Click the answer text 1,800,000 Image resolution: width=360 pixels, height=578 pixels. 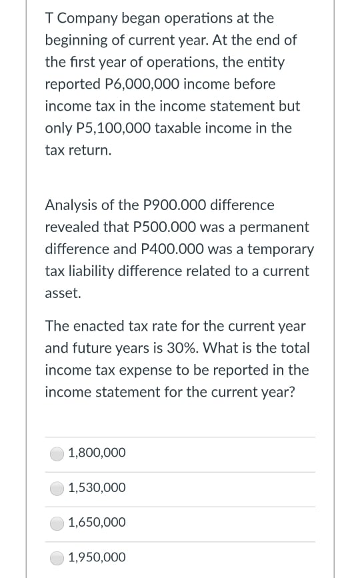97,453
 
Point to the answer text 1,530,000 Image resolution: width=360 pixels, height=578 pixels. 97,488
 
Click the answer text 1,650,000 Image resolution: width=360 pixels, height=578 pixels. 97,523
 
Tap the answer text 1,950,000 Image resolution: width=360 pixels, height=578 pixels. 97,557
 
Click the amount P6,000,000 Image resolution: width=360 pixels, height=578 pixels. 148,85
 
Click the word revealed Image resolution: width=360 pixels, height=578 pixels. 72,227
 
